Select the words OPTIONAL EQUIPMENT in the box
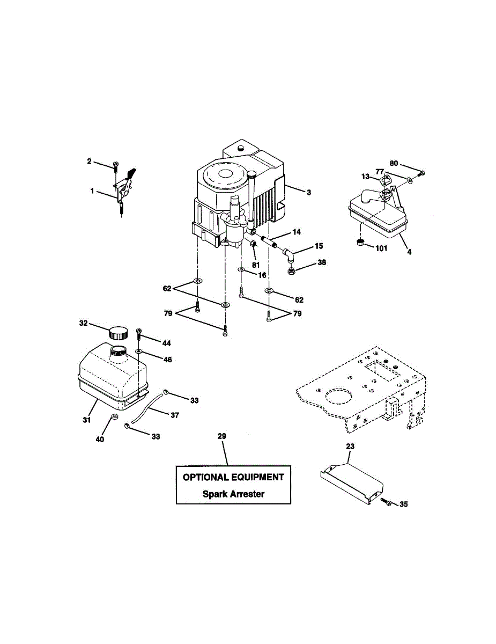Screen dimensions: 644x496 click(233, 477)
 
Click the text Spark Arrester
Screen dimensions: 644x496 click(233, 494)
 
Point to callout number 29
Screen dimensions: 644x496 click(222, 437)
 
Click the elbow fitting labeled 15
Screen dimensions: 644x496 click(290, 253)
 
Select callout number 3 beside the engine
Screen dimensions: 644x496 click(309, 192)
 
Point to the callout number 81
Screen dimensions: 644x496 click(256, 265)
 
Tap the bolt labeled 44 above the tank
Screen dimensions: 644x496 click(139, 333)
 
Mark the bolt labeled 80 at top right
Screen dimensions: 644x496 click(421, 172)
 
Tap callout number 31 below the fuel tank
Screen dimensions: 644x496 click(86, 420)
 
